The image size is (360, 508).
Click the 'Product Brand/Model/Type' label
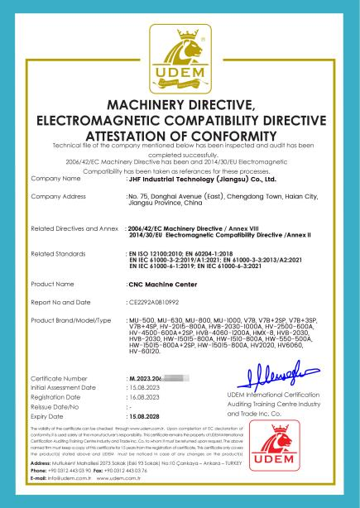pyautogui.click(x=70, y=319)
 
